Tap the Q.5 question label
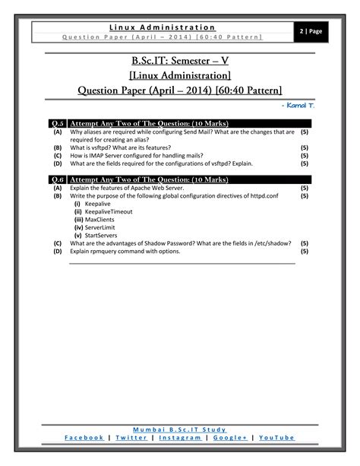point(57,123)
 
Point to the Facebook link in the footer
point(84,438)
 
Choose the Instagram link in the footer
point(185,438)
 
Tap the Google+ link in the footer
point(233,438)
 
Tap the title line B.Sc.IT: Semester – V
point(180,60)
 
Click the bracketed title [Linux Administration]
point(180,75)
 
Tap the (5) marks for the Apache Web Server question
point(304,187)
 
